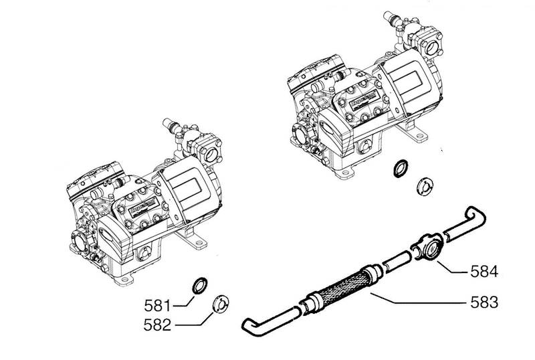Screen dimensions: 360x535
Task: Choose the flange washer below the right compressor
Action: tap(423, 187)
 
